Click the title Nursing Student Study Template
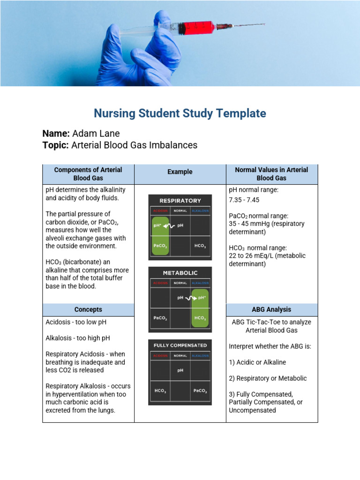click(x=180, y=113)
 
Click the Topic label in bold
click(x=56, y=145)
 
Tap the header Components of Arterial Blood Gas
click(x=88, y=174)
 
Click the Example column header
click(x=180, y=172)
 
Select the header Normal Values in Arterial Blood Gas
click(x=271, y=174)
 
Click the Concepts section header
click(x=88, y=309)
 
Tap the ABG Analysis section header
click(x=271, y=309)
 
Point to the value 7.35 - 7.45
click(x=244, y=200)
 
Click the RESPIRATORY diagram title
click(x=180, y=201)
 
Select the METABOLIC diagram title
click(x=180, y=273)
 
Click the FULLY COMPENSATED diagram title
click(x=180, y=345)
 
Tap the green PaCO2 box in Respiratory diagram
click(x=160, y=246)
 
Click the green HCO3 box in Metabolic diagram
click(x=200, y=318)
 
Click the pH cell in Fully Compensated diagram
click(x=180, y=370)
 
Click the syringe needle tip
click(x=264, y=24)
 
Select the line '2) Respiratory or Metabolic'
click(x=268, y=378)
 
